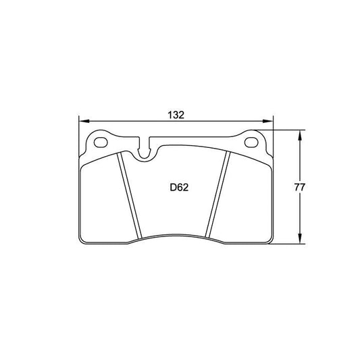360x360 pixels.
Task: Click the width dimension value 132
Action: tap(176, 115)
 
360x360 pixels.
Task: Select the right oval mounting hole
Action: tap(253, 143)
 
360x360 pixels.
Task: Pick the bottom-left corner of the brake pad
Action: tap(82, 240)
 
